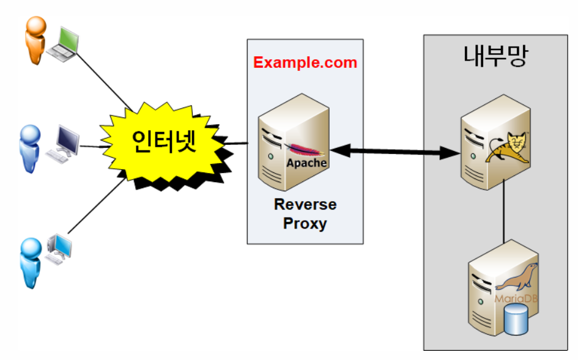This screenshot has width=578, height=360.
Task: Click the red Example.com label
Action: pyautogui.click(x=305, y=63)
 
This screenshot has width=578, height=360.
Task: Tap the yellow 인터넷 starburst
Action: pyautogui.click(x=164, y=141)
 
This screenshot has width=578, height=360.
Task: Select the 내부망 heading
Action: pyautogui.click(x=495, y=58)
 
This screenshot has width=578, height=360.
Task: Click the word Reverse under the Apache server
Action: pyautogui.click(x=305, y=204)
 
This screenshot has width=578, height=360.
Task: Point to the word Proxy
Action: pyautogui.click(x=305, y=223)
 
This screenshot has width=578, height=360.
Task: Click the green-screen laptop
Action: pyautogui.click(x=62, y=44)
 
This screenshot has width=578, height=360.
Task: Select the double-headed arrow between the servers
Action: pyautogui.click(x=395, y=151)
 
